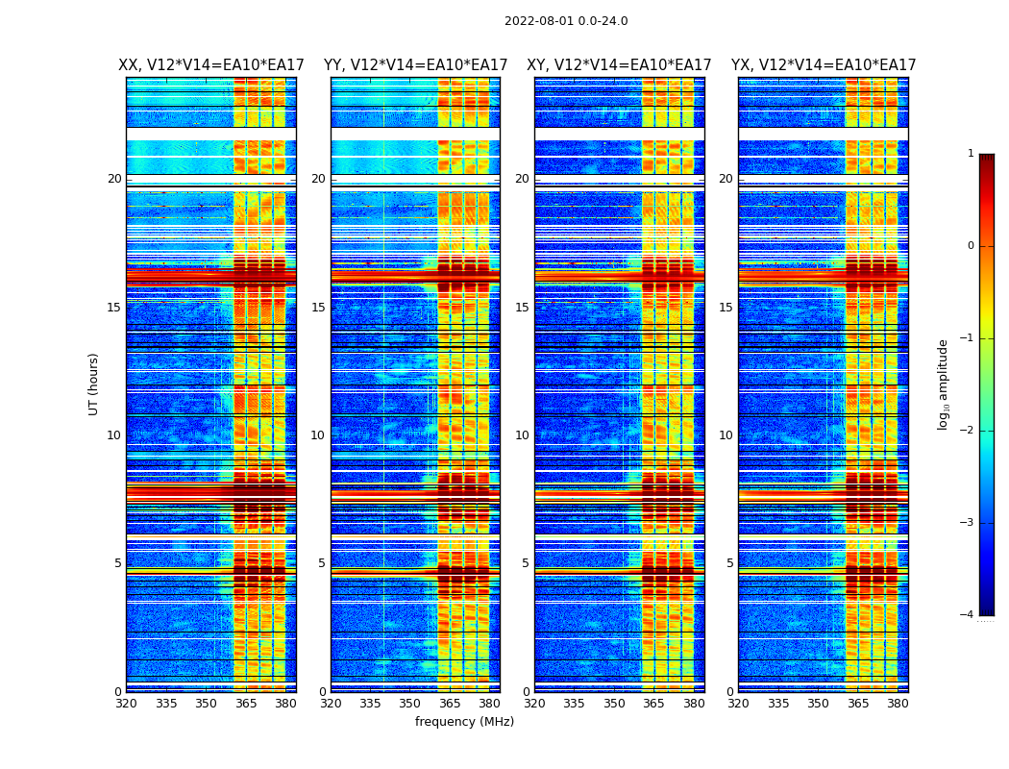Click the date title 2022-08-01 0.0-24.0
pos(566,21)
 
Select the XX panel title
pos(211,65)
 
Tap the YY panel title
pos(415,65)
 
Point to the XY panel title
pos(619,65)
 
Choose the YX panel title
pos(824,65)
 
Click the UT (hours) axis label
pos(94,384)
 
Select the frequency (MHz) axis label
pos(464,722)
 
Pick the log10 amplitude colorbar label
pos(944,384)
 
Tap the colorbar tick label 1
pos(971,154)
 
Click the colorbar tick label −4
pos(968,615)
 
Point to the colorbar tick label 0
pos(971,246)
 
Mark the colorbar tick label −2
pos(968,431)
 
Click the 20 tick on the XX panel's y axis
pos(114,179)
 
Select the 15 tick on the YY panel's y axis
pos(318,308)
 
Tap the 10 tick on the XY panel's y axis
pos(522,435)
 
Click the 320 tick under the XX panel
pos(126,704)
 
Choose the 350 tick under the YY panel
pos(410,704)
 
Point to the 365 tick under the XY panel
pos(653,704)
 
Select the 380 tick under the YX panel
pos(898,704)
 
